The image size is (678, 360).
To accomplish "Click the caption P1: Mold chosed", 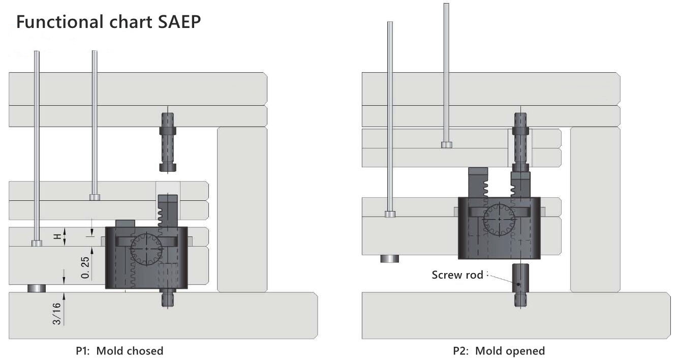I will [x=119, y=351].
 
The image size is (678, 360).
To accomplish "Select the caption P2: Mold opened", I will [x=498, y=351].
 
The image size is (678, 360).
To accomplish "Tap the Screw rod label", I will [x=457, y=275].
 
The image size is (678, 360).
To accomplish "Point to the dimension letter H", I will [x=58, y=236].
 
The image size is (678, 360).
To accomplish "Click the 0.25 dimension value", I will [x=85, y=267].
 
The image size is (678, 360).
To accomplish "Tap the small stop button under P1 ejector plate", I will [x=37, y=288].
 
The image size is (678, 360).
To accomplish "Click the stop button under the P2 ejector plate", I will [x=389, y=258].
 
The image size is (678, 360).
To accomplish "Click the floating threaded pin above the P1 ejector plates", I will [x=168, y=142].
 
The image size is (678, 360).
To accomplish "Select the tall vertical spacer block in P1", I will [x=242, y=209].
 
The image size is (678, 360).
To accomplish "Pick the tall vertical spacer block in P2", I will [x=595, y=209].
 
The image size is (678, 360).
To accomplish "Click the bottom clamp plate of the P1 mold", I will [x=163, y=315].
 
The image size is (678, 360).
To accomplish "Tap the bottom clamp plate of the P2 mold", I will [x=515, y=315].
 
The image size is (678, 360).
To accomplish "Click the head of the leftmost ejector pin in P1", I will [x=37, y=243].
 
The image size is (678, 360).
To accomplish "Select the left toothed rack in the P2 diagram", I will [x=478, y=183].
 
